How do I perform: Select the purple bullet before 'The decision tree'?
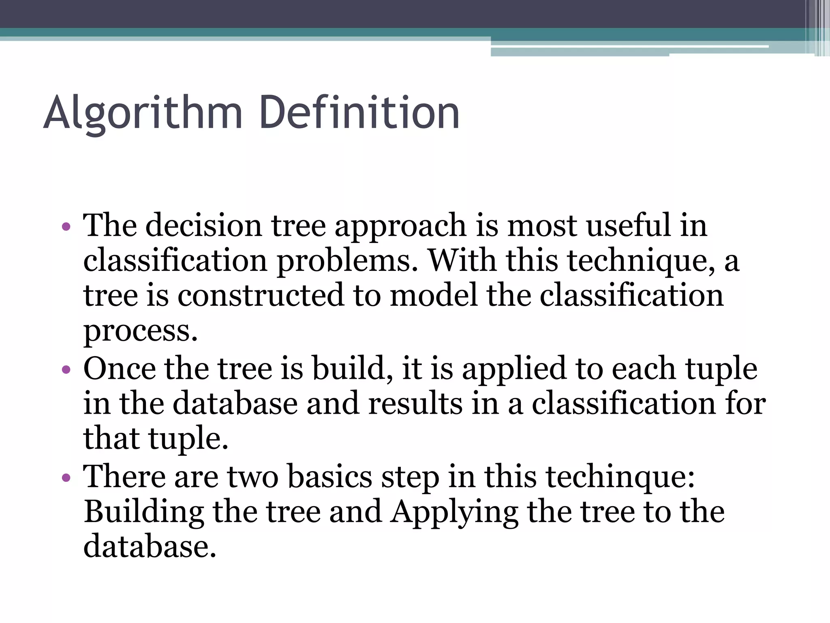click(x=66, y=226)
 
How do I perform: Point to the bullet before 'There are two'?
click(x=66, y=477)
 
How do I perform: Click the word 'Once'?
click(x=120, y=368)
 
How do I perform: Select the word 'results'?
click(x=415, y=404)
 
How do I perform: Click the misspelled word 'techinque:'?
click(x=620, y=477)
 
